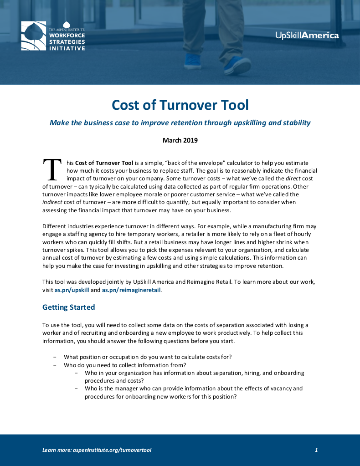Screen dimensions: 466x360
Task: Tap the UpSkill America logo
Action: pos(307,35)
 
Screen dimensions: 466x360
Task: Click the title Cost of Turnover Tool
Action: pos(180,105)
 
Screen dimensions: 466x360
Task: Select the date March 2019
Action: pos(180,140)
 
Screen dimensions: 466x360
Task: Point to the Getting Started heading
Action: pos(68,307)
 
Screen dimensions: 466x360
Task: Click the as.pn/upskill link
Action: pos(72,289)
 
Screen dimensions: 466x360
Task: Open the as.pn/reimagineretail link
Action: pos(131,289)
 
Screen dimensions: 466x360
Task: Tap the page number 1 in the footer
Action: pos(316,450)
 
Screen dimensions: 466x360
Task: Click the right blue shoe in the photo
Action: pos(237,65)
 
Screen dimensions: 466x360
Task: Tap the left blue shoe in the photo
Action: pos(192,61)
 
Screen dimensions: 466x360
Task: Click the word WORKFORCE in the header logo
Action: pos(67,35)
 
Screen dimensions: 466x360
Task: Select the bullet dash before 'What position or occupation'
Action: pos(55,357)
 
